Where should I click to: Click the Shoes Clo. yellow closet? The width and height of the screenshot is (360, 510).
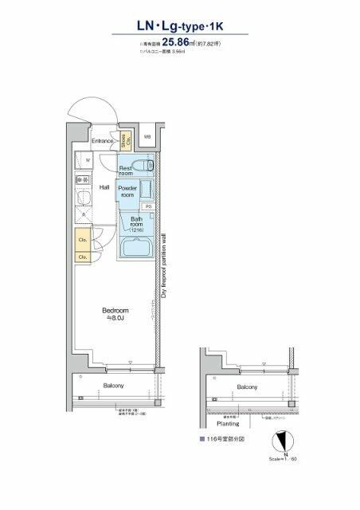click(127, 142)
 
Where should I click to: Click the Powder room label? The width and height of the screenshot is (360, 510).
click(127, 191)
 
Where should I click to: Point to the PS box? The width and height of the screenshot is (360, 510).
click(149, 206)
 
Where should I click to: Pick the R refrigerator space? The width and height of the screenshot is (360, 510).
click(84, 214)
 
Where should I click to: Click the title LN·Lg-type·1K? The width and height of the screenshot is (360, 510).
click(179, 27)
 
